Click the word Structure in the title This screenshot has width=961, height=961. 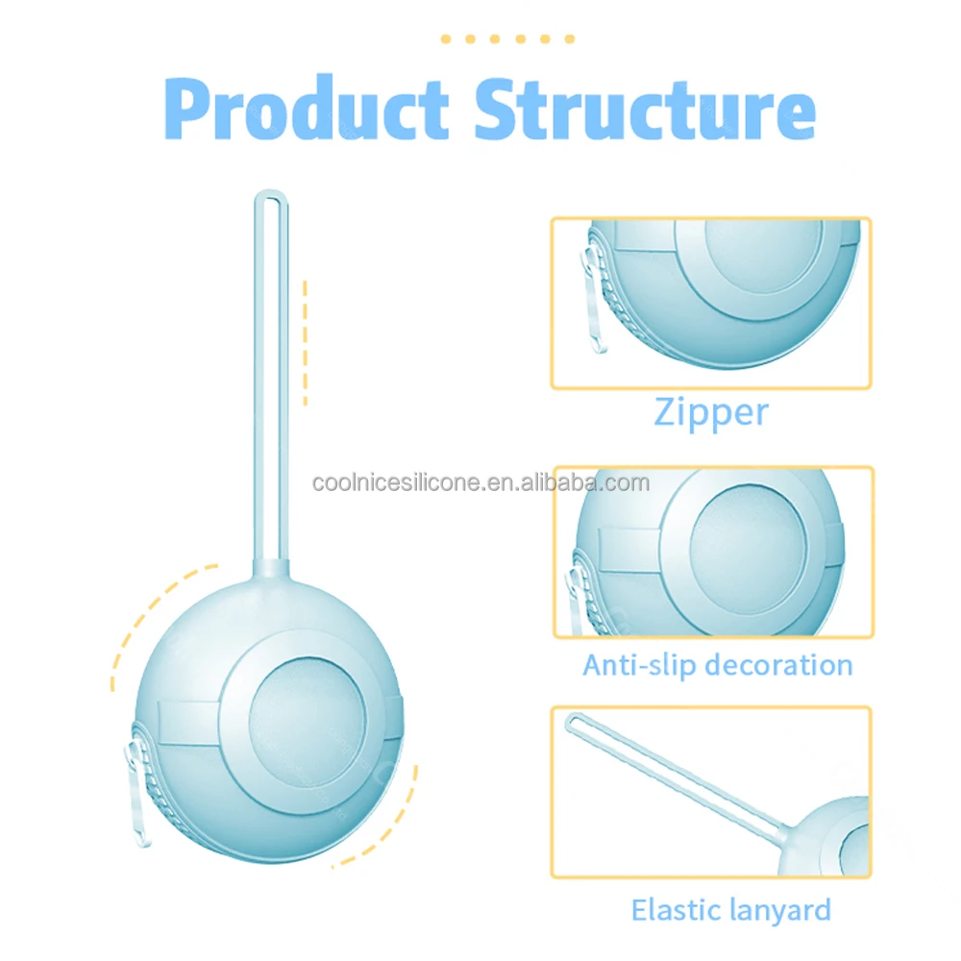[x=646, y=111]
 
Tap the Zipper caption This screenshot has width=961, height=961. [x=711, y=412]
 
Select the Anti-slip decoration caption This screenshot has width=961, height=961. [x=718, y=666]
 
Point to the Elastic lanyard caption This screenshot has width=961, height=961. [x=731, y=911]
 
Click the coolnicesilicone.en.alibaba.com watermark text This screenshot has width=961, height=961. [x=481, y=483]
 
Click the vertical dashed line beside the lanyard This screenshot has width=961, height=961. [x=306, y=343]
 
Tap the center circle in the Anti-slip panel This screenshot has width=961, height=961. [x=748, y=549]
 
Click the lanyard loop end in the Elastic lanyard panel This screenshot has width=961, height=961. [x=575, y=722]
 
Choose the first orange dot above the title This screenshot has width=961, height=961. [x=446, y=38]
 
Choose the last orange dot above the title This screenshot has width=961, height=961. [x=569, y=38]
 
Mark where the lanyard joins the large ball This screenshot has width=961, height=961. [x=271, y=568]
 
